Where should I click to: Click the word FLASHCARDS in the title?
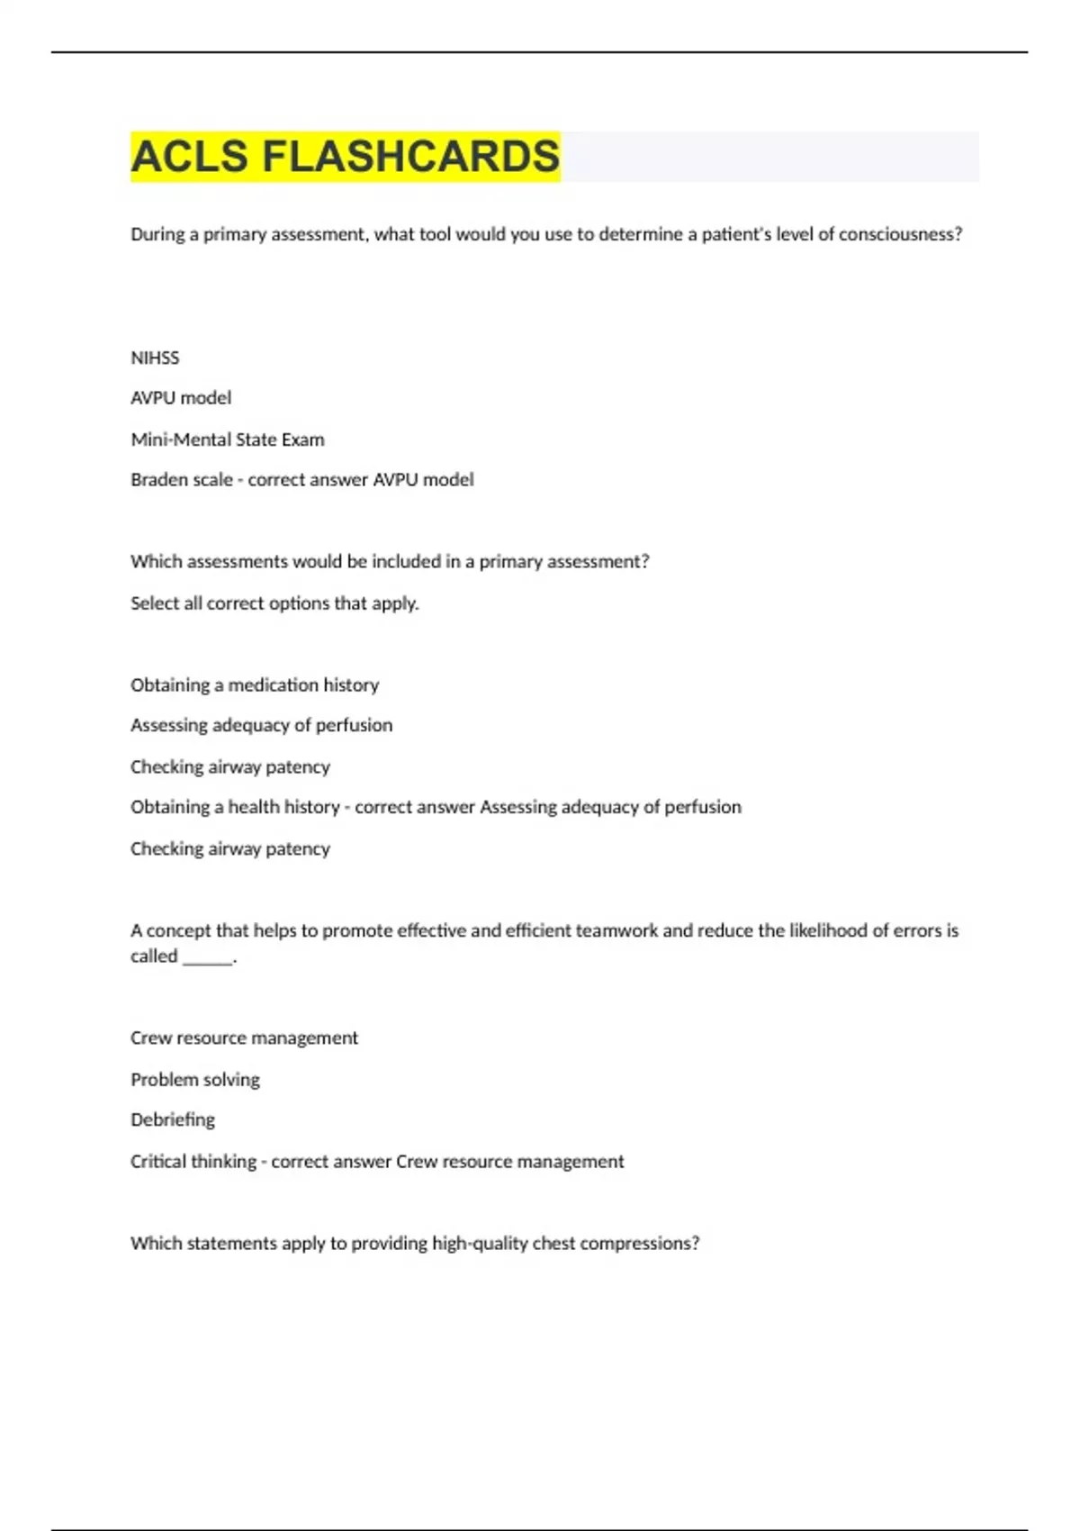(410, 157)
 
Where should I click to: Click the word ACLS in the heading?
(189, 157)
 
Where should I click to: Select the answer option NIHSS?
(155, 358)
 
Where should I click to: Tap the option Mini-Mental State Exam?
(228, 439)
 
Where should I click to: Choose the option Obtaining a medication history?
(255, 685)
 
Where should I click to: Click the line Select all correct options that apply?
(274, 603)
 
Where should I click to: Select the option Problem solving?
(195, 1079)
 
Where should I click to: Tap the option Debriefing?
(173, 1119)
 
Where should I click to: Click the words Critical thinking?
(193, 1162)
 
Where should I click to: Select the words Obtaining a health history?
(235, 807)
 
